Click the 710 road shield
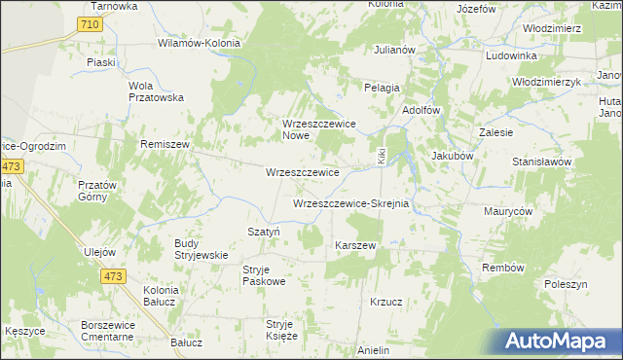tap(90, 23)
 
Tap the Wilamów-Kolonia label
tap(201, 44)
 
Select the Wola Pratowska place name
tap(157, 90)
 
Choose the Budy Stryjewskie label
tap(201, 249)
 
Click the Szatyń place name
tap(264, 232)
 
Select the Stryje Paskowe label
tap(264, 275)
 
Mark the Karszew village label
tap(355, 245)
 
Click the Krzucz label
tap(386, 302)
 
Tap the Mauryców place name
tap(507, 210)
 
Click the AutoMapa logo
tap(559, 342)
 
